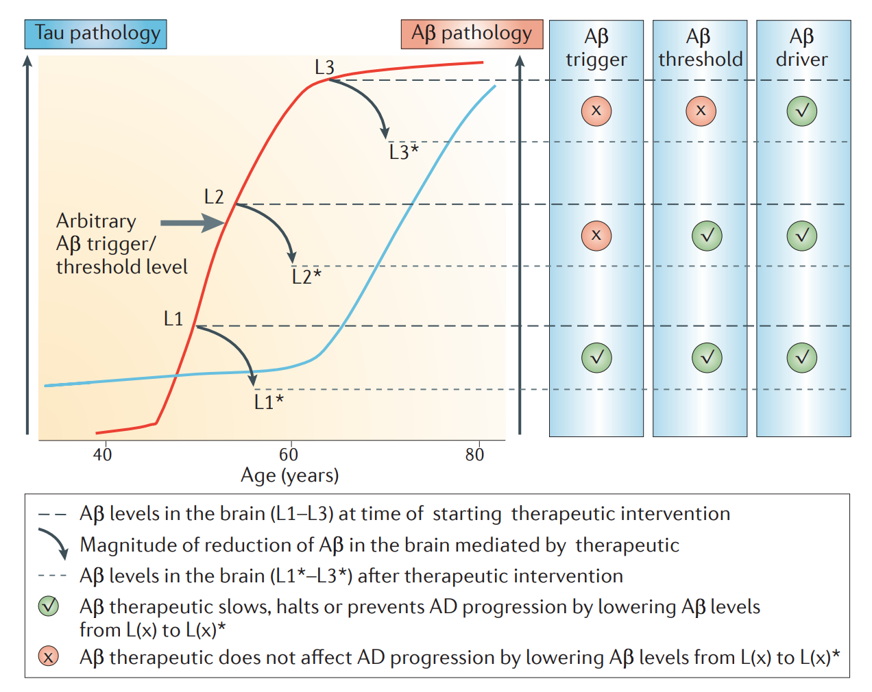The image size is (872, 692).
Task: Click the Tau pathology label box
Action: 96,34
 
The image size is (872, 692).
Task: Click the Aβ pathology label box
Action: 472,34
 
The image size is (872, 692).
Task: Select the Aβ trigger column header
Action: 596,48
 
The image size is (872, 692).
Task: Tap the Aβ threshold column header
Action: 700,48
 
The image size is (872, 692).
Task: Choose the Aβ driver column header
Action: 802,48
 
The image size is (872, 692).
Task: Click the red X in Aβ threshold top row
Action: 701,110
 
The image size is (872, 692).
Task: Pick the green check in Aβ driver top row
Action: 802,110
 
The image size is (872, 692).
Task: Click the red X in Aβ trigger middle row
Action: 596,235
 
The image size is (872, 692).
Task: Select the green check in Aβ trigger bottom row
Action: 596,357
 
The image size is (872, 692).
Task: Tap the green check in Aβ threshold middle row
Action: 707,235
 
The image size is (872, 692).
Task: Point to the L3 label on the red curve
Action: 324,67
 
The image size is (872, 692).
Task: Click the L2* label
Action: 306,276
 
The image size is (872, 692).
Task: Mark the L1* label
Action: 268,402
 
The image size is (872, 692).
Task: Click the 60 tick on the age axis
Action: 289,454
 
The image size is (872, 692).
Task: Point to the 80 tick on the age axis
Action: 474,454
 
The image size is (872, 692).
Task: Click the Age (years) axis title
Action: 289,475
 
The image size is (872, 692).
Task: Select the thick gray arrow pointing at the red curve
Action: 193,223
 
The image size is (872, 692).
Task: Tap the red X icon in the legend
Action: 48,657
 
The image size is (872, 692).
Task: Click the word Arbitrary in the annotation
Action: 96,221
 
